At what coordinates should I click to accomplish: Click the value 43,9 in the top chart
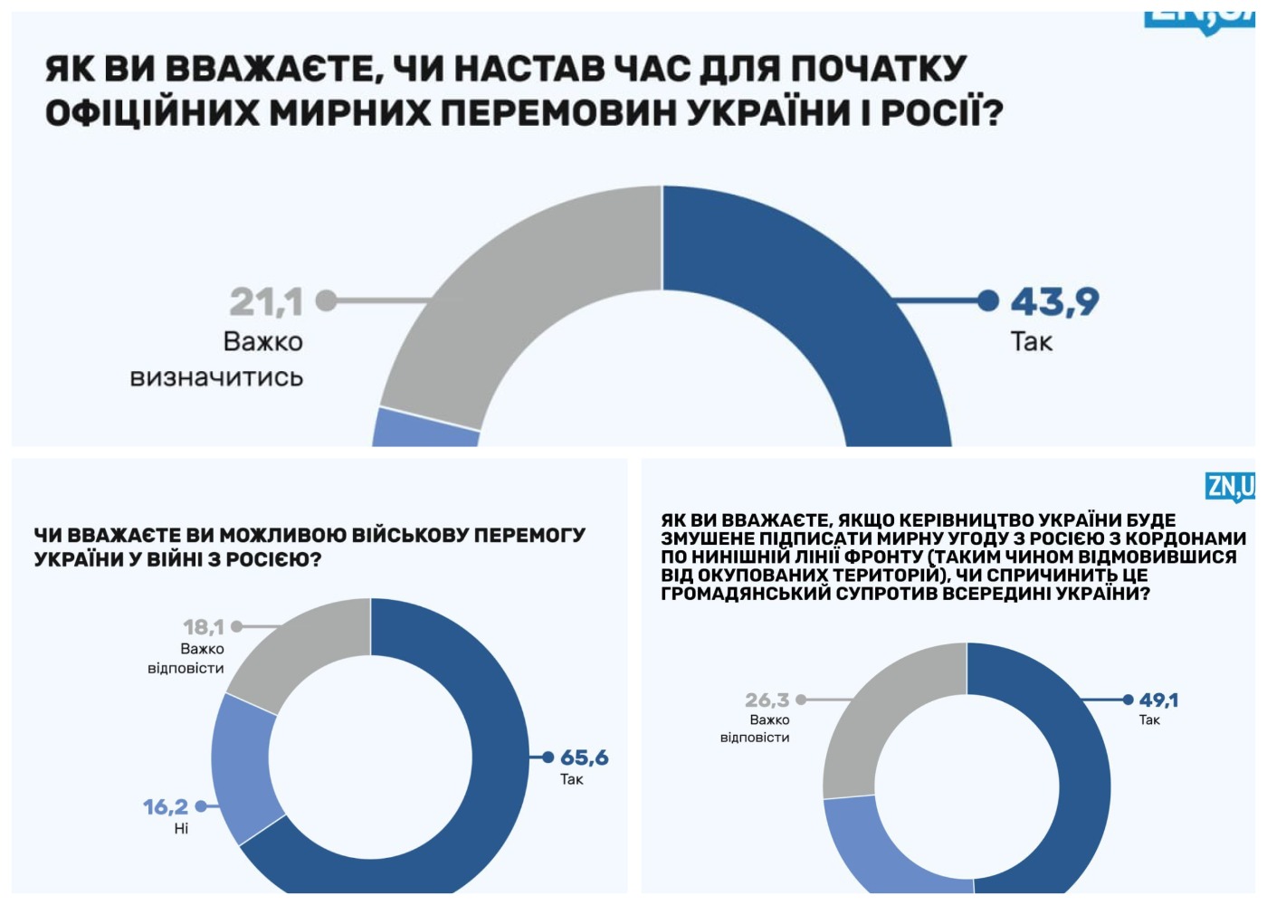(1054, 301)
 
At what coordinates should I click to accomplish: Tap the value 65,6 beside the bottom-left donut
(584, 757)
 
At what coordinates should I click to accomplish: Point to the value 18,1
(203, 626)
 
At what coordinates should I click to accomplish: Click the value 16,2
(166, 806)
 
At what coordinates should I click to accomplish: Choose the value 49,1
(1158, 700)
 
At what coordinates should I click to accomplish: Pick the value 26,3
(767, 700)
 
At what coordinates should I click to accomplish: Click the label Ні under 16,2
(181, 828)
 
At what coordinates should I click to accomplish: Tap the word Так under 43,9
(1031, 342)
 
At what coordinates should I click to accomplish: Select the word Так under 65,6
(571, 779)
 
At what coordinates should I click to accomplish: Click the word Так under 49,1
(1149, 720)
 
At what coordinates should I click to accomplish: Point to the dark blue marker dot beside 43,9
(989, 300)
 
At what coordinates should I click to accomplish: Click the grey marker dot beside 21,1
(326, 300)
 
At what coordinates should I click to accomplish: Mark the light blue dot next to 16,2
(201, 805)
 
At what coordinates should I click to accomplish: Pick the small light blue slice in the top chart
(425, 429)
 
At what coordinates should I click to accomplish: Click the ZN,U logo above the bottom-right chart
(1230, 486)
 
